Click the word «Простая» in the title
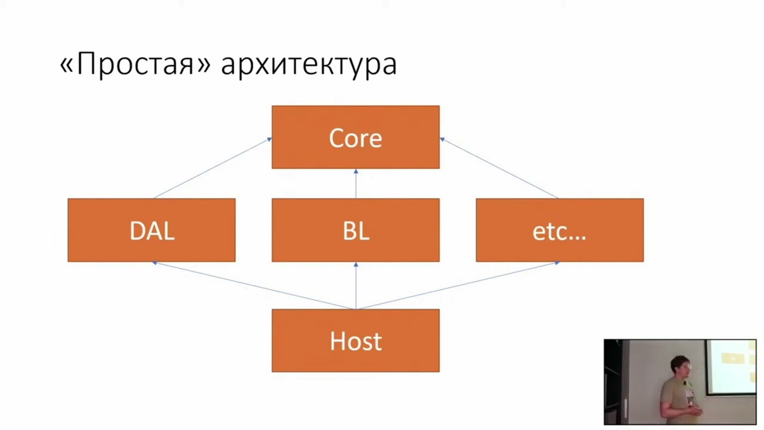(x=135, y=63)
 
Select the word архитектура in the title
(x=309, y=65)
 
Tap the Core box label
(x=355, y=138)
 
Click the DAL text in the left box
(x=152, y=231)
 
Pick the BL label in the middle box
(x=356, y=231)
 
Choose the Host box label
(x=355, y=341)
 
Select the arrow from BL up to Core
(x=356, y=183)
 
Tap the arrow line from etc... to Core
(x=499, y=168)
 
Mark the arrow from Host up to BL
(x=356, y=285)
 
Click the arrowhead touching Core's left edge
(x=269, y=139)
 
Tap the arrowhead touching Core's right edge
(x=442, y=139)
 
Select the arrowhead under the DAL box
(x=155, y=263)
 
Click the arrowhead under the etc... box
(x=557, y=263)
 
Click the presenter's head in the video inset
(x=680, y=366)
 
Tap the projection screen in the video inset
(x=731, y=367)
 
